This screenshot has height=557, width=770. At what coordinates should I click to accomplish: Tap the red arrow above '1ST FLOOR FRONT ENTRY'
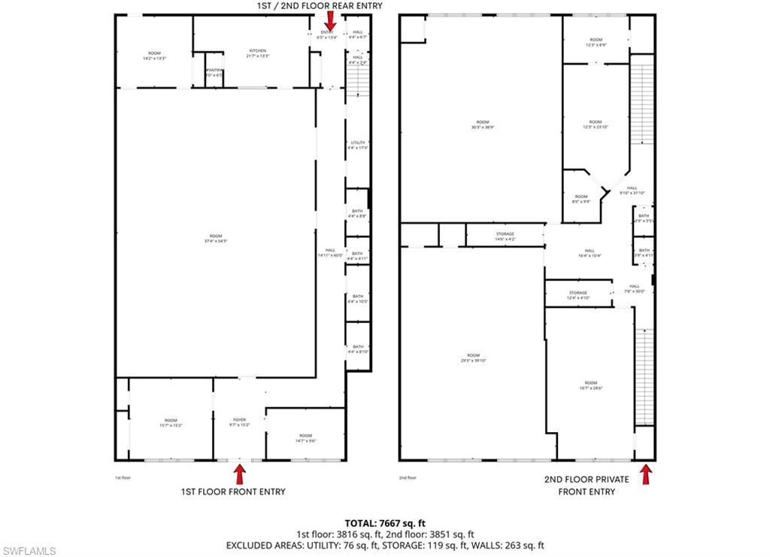click(240, 474)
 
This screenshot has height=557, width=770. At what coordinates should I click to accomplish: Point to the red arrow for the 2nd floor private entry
click(645, 474)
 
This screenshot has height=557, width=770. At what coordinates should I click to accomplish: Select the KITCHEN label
click(258, 53)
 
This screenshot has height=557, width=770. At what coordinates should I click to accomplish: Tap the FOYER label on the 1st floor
click(239, 423)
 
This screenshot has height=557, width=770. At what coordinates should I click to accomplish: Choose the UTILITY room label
click(357, 145)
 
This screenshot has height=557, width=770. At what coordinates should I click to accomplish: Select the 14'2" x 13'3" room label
click(154, 56)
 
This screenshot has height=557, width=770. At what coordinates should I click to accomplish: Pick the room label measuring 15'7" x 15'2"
click(171, 423)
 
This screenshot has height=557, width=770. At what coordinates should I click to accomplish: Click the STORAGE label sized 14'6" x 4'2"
click(505, 236)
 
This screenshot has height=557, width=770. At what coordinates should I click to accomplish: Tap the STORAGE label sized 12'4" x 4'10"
click(577, 295)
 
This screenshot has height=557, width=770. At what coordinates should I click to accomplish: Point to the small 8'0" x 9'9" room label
click(581, 199)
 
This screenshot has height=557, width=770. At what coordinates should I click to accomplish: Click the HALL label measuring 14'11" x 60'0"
click(330, 253)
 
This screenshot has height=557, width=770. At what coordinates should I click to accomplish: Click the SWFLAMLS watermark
click(29, 551)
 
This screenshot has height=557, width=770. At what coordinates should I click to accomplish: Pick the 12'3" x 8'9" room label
click(596, 43)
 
